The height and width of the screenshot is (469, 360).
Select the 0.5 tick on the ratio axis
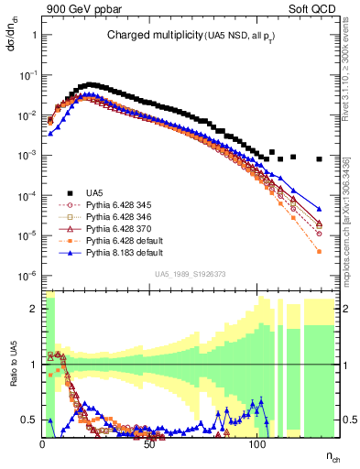(29, 420)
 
